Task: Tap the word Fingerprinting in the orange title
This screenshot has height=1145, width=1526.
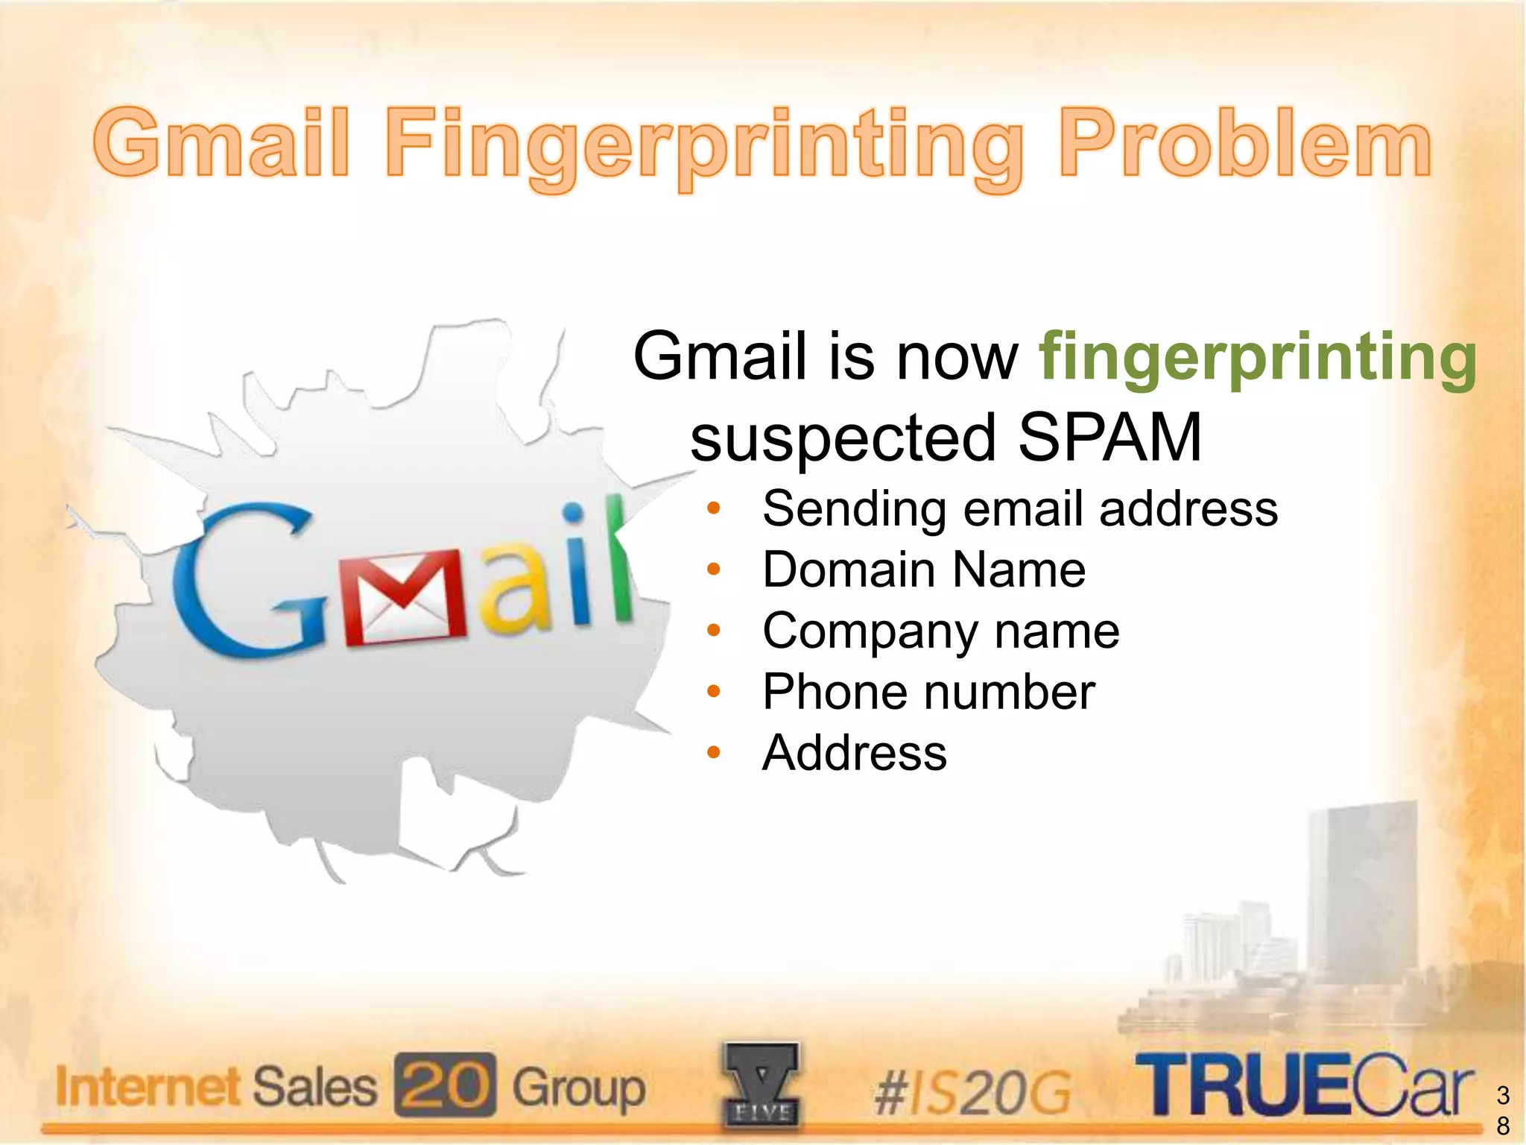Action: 704,145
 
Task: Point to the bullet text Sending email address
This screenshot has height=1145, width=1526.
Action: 1019,509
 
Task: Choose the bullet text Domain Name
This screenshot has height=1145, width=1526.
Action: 924,570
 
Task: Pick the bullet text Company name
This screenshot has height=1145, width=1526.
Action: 940,631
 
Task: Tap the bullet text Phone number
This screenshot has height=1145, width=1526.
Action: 928,693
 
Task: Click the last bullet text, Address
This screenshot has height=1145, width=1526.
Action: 855,753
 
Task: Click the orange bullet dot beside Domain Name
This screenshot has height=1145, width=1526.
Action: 714,570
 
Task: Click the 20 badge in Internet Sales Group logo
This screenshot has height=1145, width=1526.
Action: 445,1085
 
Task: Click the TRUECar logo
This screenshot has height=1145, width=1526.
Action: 1304,1085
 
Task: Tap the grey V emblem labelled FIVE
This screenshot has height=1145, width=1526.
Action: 761,1085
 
